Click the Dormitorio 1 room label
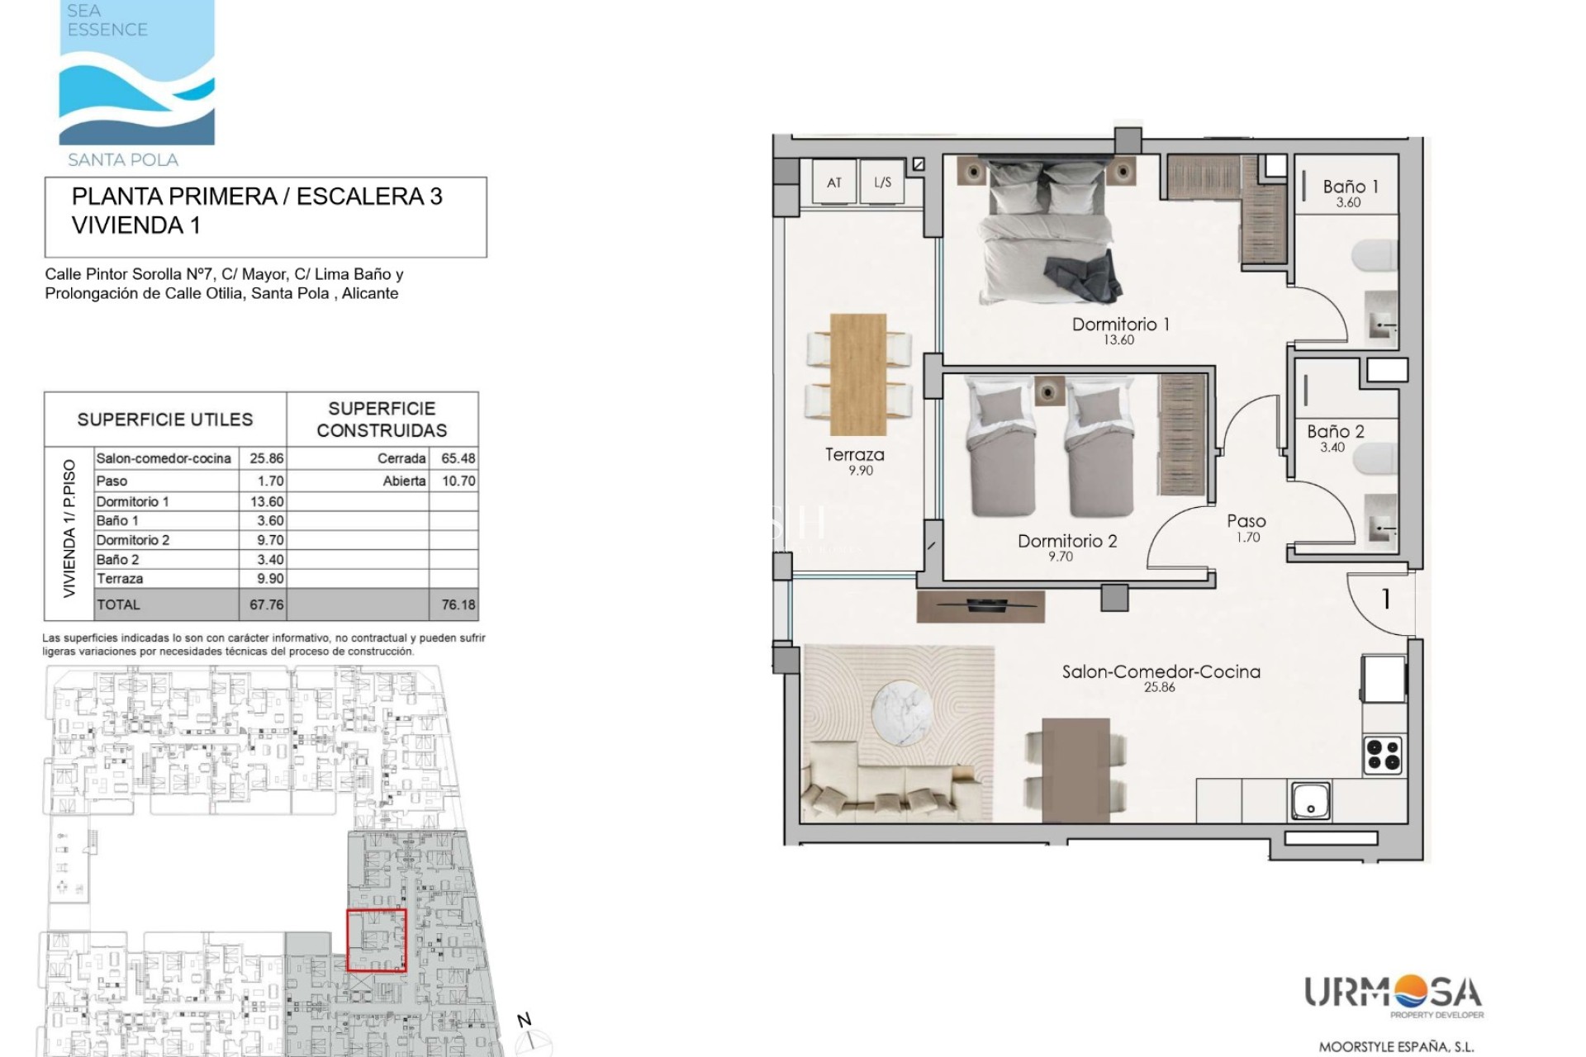[x=1120, y=325]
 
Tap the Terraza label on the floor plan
[x=854, y=454]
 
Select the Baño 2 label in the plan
[x=1335, y=431]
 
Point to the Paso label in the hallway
[x=1246, y=521]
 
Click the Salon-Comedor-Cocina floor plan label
[x=1161, y=671]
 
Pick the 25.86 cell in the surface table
[x=267, y=458]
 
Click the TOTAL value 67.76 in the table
[x=267, y=604]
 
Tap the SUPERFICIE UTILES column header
[x=165, y=419]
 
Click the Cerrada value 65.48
[x=458, y=458]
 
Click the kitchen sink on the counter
[x=1311, y=802]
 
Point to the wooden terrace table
[x=858, y=374]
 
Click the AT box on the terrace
[x=834, y=182]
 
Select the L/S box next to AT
[x=882, y=182]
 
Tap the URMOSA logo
[x=1394, y=996]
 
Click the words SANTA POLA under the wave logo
[x=123, y=160]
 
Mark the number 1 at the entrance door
[x=1386, y=599]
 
